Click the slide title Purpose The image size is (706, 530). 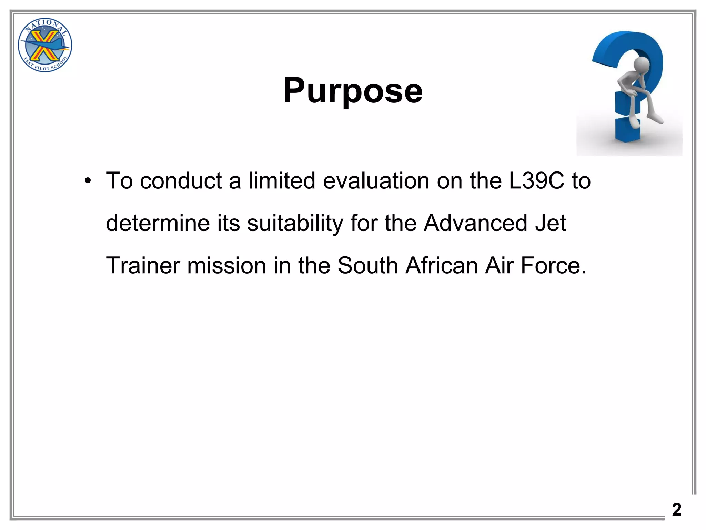pyautogui.click(x=353, y=91)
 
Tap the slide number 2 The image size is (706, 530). pyautogui.click(x=677, y=510)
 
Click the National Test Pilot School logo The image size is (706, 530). pyautogui.click(x=45, y=45)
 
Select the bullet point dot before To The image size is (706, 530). pyautogui.click(x=88, y=181)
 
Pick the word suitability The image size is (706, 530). pyautogui.click(x=295, y=223)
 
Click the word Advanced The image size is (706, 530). pyautogui.click(x=475, y=223)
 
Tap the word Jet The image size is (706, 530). pyautogui.click(x=551, y=223)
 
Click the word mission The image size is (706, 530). pyautogui.click(x=227, y=265)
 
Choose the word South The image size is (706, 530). pyautogui.click(x=367, y=265)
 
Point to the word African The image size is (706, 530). pyautogui.click(x=442, y=265)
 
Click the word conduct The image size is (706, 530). pyautogui.click(x=181, y=181)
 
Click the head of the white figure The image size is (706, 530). pyautogui.click(x=642, y=64)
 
